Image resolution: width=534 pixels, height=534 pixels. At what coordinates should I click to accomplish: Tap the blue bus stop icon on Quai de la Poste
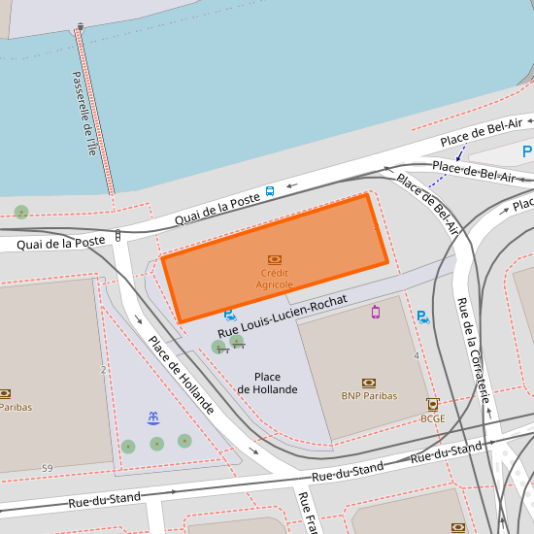270,191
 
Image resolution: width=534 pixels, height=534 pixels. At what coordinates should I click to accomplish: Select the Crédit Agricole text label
275,279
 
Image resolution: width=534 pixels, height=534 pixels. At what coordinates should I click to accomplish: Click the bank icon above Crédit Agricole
275,259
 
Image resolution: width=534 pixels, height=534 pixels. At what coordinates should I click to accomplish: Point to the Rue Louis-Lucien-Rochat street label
283,318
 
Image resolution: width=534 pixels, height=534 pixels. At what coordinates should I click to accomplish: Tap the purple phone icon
375,312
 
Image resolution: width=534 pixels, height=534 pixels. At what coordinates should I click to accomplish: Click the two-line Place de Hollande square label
267,383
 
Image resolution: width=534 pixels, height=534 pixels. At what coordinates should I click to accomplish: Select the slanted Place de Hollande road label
181,375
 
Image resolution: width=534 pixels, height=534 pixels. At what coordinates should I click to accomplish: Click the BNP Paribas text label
369,396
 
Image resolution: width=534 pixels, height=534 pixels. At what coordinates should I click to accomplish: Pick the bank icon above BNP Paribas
369,383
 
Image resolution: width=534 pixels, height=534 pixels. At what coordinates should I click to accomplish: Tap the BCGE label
433,418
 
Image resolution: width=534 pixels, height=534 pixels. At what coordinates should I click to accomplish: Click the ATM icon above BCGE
433,404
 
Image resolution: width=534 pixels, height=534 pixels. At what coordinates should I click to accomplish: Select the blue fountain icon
153,417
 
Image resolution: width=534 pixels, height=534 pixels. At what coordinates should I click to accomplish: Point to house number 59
47,469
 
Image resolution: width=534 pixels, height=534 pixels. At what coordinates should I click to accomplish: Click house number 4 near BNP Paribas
417,355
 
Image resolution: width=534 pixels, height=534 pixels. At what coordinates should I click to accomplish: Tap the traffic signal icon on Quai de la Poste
117,234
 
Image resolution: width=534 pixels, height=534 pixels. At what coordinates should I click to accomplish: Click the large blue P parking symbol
527,151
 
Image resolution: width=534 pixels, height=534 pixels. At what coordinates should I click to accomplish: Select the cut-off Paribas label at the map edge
16,408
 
